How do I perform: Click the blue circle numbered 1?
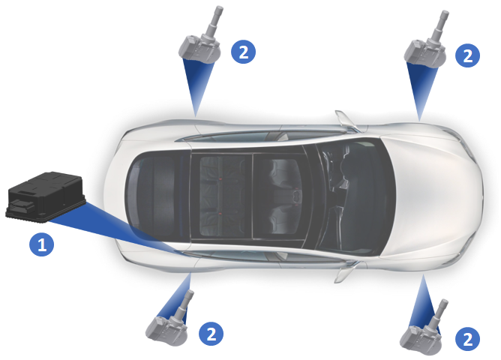click(x=41, y=244)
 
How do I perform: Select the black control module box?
click(x=46, y=196)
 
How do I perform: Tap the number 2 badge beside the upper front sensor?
click(x=467, y=55)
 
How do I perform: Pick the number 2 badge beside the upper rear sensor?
click(x=244, y=52)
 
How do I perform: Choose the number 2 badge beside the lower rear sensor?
click(x=211, y=334)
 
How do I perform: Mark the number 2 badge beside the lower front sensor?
click(x=467, y=339)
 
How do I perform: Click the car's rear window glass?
click(x=150, y=196)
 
